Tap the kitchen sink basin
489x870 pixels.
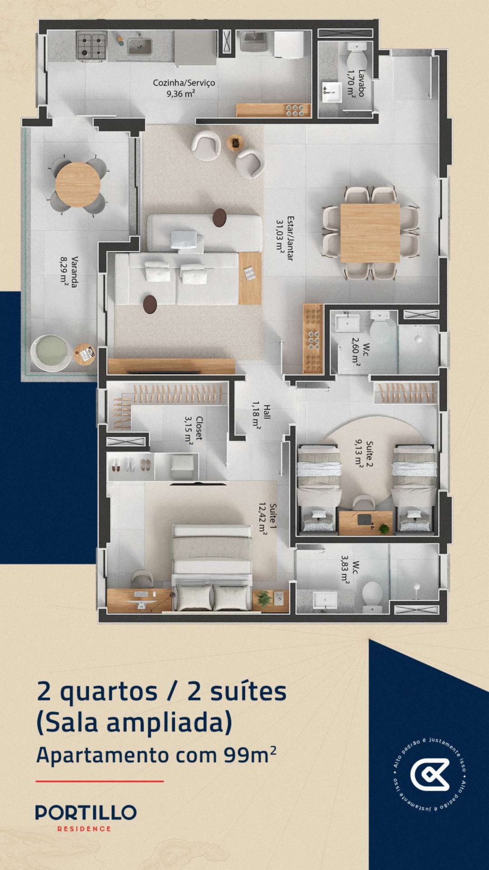tap(140, 46)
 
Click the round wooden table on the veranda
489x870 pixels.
tap(78, 184)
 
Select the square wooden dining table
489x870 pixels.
tap(370, 233)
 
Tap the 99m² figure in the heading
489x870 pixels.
tap(249, 754)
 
